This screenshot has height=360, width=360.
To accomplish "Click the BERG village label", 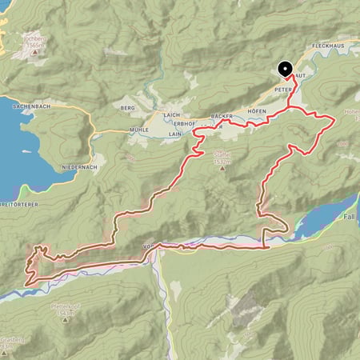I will tap(125, 107).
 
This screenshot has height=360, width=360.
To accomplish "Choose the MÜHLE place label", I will tap(140, 129).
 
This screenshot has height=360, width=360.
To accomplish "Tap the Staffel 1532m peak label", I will tap(221, 158).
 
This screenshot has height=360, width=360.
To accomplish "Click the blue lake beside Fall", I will tap(324, 215).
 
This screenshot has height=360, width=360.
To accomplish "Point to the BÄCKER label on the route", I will tap(222, 117).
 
